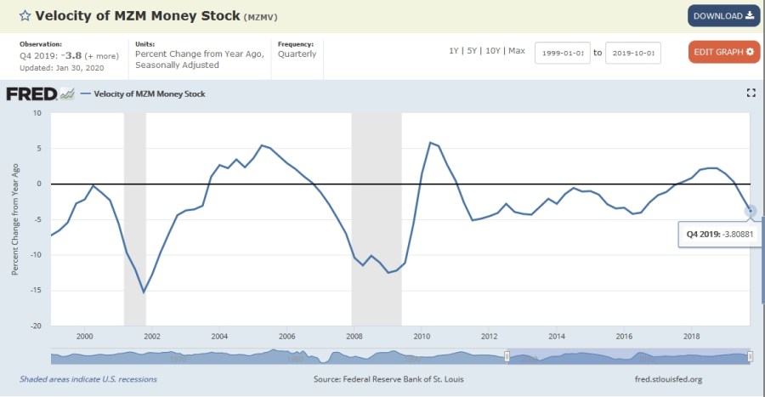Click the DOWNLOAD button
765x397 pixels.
[x=723, y=15]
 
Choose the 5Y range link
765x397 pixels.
[x=471, y=51]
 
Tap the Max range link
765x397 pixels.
[x=517, y=51]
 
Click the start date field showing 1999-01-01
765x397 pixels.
[x=562, y=53]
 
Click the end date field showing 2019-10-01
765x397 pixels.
[x=633, y=53]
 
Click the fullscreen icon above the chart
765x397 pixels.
[x=751, y=93]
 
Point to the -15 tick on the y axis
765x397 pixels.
[x=36, y=291]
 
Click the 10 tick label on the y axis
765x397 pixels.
[x=37, y=113]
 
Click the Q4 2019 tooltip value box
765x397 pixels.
[x=719, y=234]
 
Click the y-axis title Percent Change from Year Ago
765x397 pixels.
[x=14, y=219]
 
